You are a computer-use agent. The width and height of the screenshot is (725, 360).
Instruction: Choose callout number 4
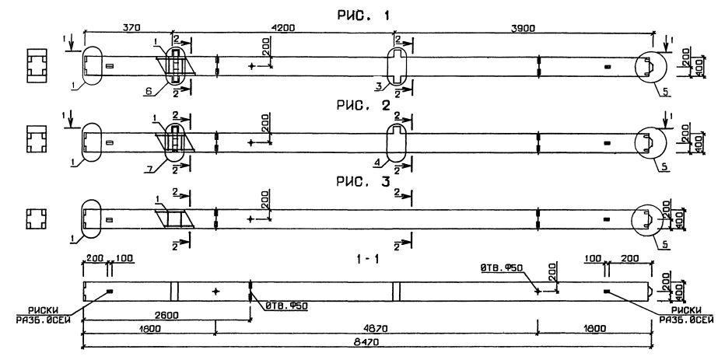[379, 162]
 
